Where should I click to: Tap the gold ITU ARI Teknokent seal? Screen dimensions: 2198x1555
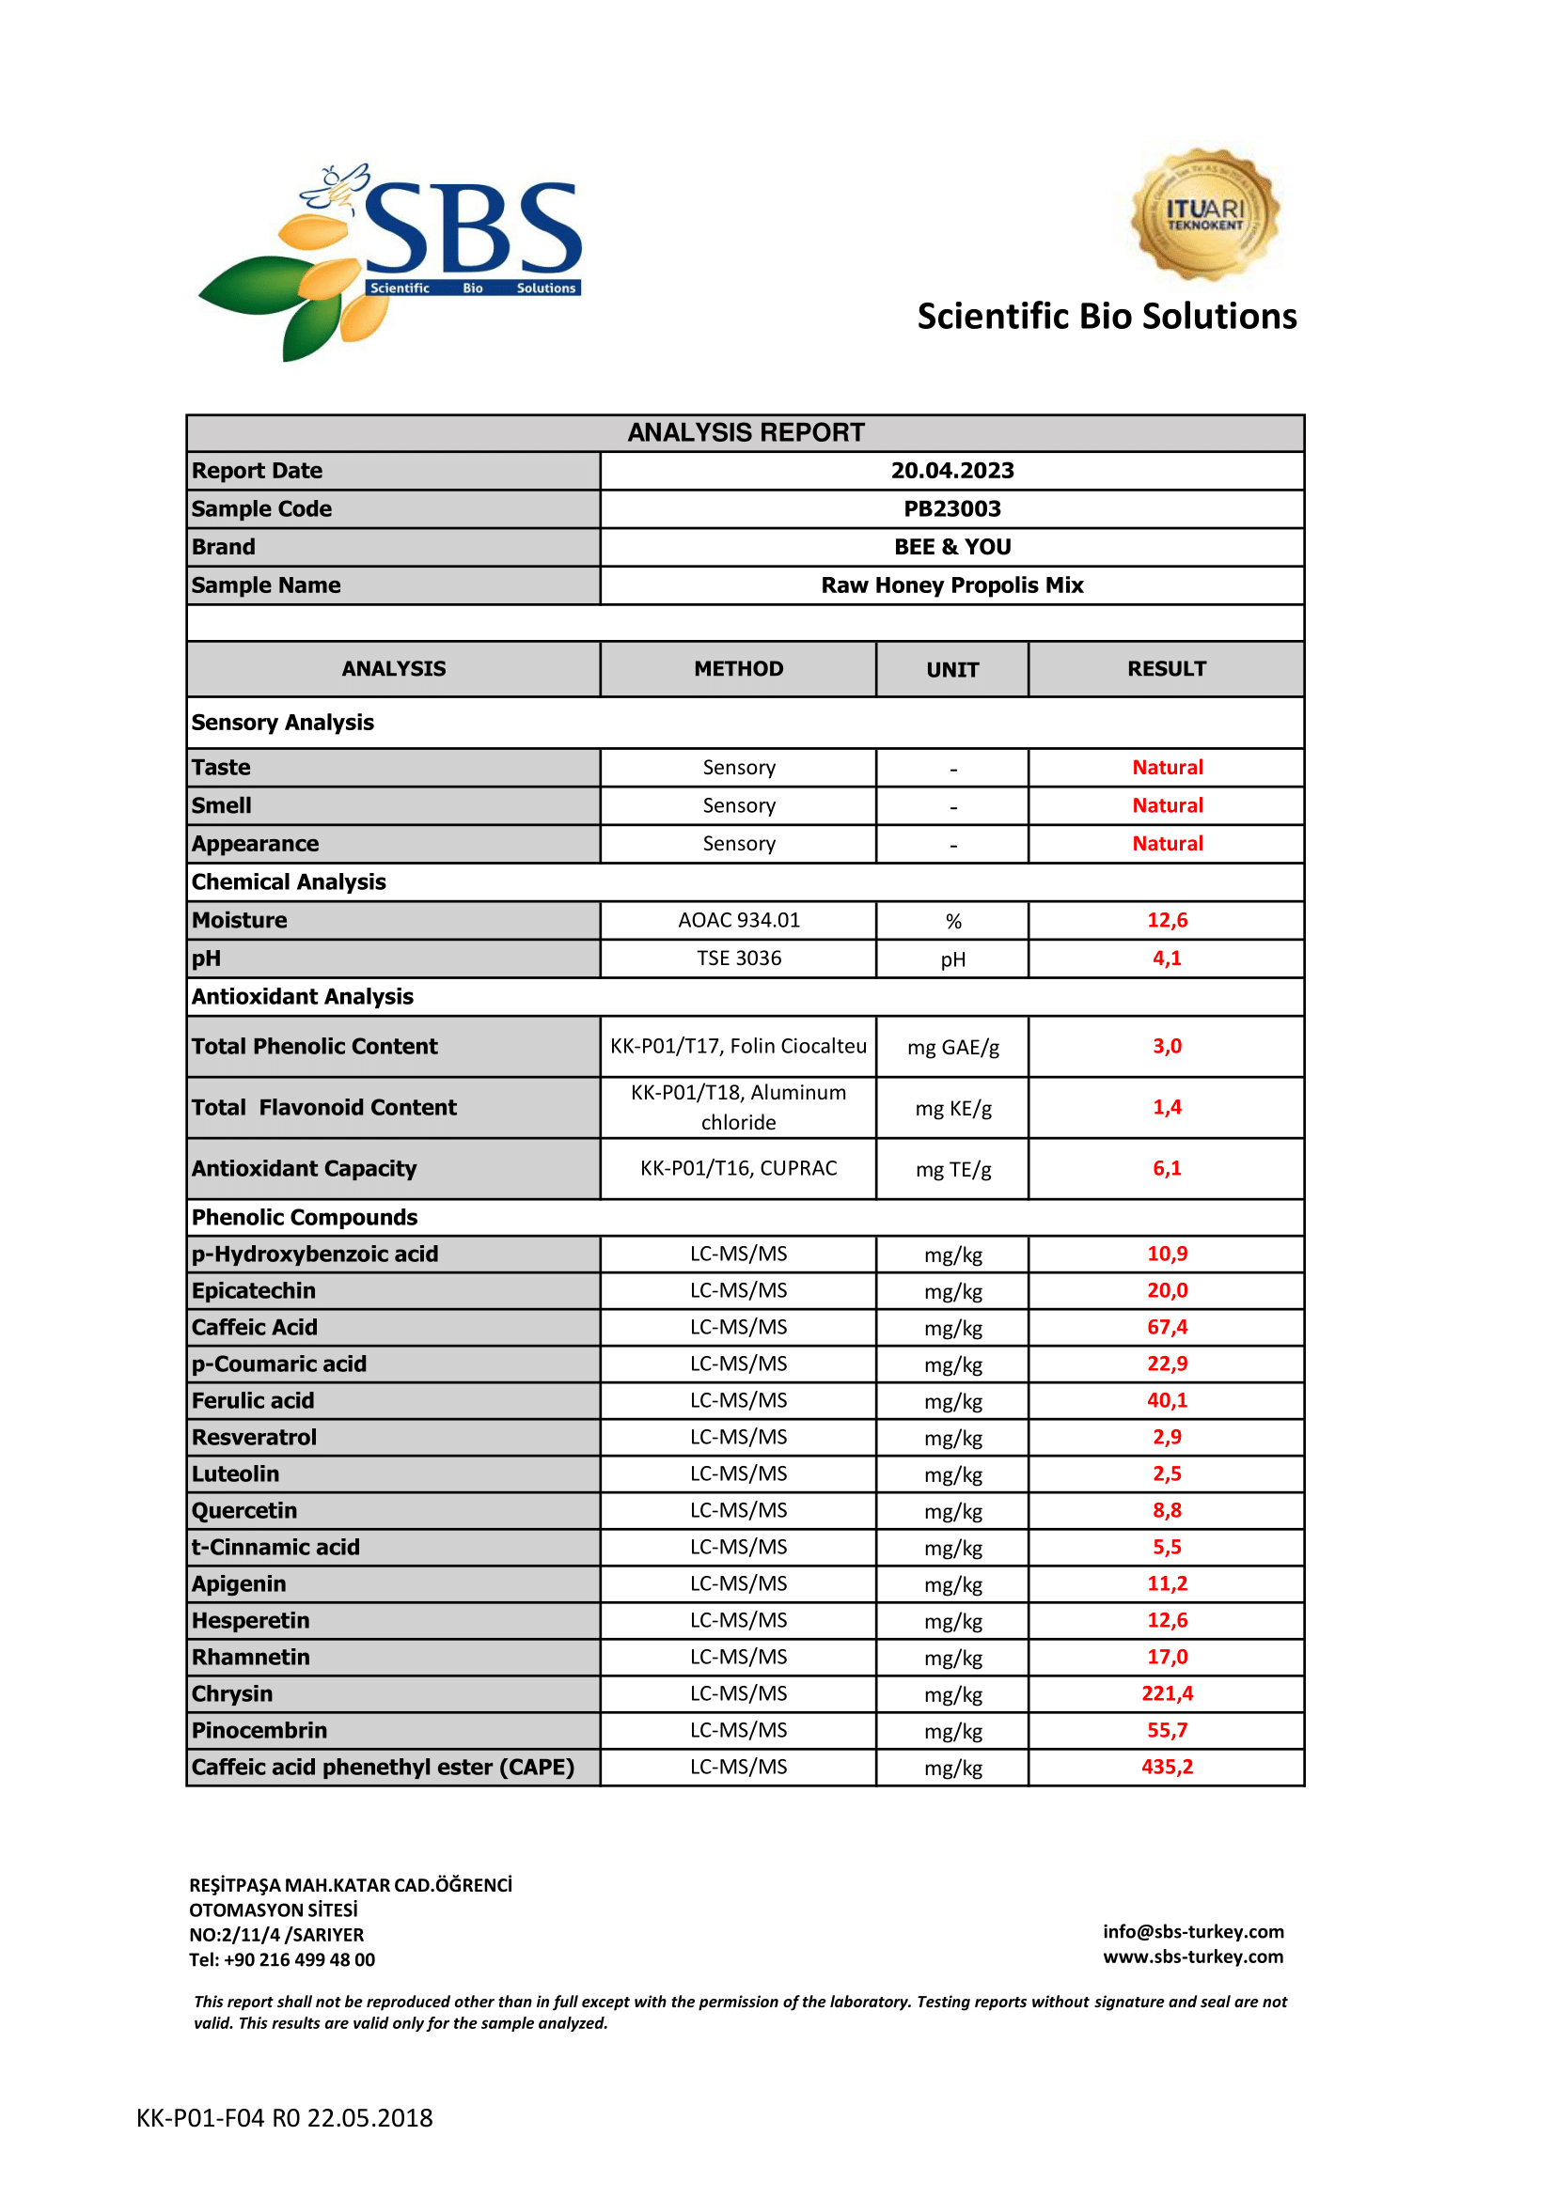click(x=1204, y=214)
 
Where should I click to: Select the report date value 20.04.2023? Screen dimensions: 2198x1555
click(x=951, y=470)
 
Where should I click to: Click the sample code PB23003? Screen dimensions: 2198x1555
click(x=951, y=508)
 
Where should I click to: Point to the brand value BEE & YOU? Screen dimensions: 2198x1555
click(x=951, y=547)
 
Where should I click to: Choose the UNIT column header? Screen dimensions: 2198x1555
click(x=951, y=669)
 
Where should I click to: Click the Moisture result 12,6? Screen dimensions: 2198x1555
click(x=1168, y=920)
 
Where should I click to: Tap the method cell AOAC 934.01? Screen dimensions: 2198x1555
click(x=738, y=920)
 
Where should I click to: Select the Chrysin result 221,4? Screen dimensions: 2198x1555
click(x=1168, y=1693)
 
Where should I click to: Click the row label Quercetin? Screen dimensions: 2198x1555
click(x=244, y=1511)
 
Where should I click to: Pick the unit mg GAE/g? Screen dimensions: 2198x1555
click(x=952, y=1046)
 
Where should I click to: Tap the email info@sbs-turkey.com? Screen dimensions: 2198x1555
click(x=1193, y=1932)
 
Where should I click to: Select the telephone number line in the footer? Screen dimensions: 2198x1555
click(x=281, y=1959)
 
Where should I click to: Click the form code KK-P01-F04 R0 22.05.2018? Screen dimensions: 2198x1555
click(x=284, y=2117)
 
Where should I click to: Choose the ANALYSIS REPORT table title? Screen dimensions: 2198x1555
click(x=746, y=432)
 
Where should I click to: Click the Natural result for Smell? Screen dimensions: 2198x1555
click(x=1168, y=805)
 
